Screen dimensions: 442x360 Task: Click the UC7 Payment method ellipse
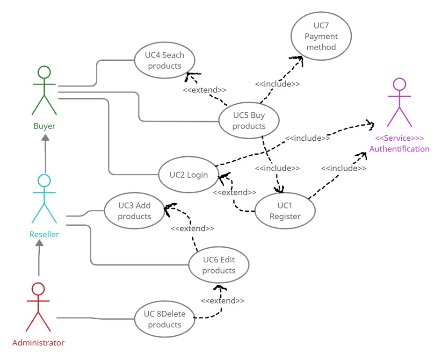pos(321,13)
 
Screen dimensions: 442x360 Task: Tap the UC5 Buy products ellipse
pos(249,103)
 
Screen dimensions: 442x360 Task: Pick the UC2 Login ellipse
pos(189,157)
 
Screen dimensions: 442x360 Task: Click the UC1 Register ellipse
pos(285,193)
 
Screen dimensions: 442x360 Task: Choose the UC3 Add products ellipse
pos(134,193)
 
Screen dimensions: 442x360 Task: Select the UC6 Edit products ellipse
pos(219,247)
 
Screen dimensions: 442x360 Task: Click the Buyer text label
pos(44,126)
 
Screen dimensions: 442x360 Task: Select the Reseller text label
pos(44,234)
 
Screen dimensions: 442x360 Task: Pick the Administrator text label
pos(38,343)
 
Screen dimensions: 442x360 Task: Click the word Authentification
pos(399,149)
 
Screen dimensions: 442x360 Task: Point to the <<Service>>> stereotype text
pos(399,138)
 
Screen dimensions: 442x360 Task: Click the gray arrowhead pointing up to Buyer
pos(45,137)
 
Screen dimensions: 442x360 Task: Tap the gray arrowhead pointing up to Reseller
pos(39,243)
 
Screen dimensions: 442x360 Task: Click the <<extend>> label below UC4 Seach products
pos(205,90)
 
